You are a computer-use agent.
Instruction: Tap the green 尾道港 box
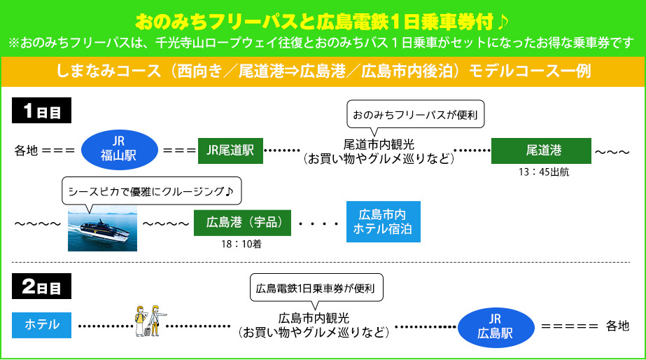(538, 150)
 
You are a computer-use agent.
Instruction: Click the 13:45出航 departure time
(538, 171)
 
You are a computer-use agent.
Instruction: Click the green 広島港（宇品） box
(239, 222)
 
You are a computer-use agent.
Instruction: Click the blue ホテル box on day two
(41, 324)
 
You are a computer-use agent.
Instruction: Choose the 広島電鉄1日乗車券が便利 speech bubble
(316, 287)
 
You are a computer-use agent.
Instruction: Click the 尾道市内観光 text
(379, 144)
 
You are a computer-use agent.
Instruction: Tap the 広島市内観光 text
(313, 318)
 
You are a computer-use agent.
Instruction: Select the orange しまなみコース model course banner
(323, 70)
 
